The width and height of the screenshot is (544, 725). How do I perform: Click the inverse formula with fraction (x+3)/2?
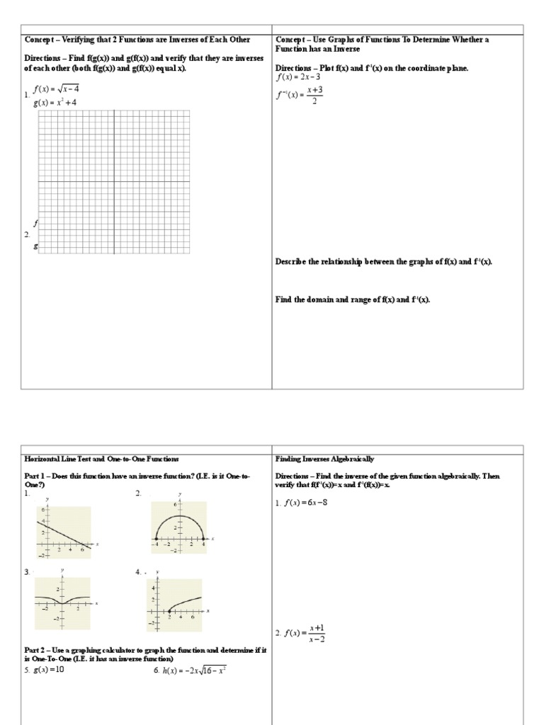(300, 96)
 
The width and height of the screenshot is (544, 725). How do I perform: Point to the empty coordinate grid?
(113, 181)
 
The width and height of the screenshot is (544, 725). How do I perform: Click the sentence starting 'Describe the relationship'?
(383, 262)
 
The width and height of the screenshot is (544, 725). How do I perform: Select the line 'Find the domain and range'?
(352, 299)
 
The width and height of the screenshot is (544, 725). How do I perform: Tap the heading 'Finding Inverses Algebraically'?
(324, 459)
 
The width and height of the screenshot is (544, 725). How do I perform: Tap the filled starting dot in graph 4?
(169, 610)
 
